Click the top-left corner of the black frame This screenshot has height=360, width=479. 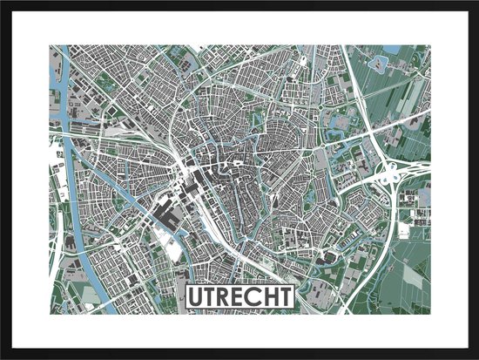click(3, 3)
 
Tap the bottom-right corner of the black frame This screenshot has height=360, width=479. click(476, 357)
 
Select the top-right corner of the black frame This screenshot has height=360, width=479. click(476, 3)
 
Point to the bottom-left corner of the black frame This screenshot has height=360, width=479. click(3, 357)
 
